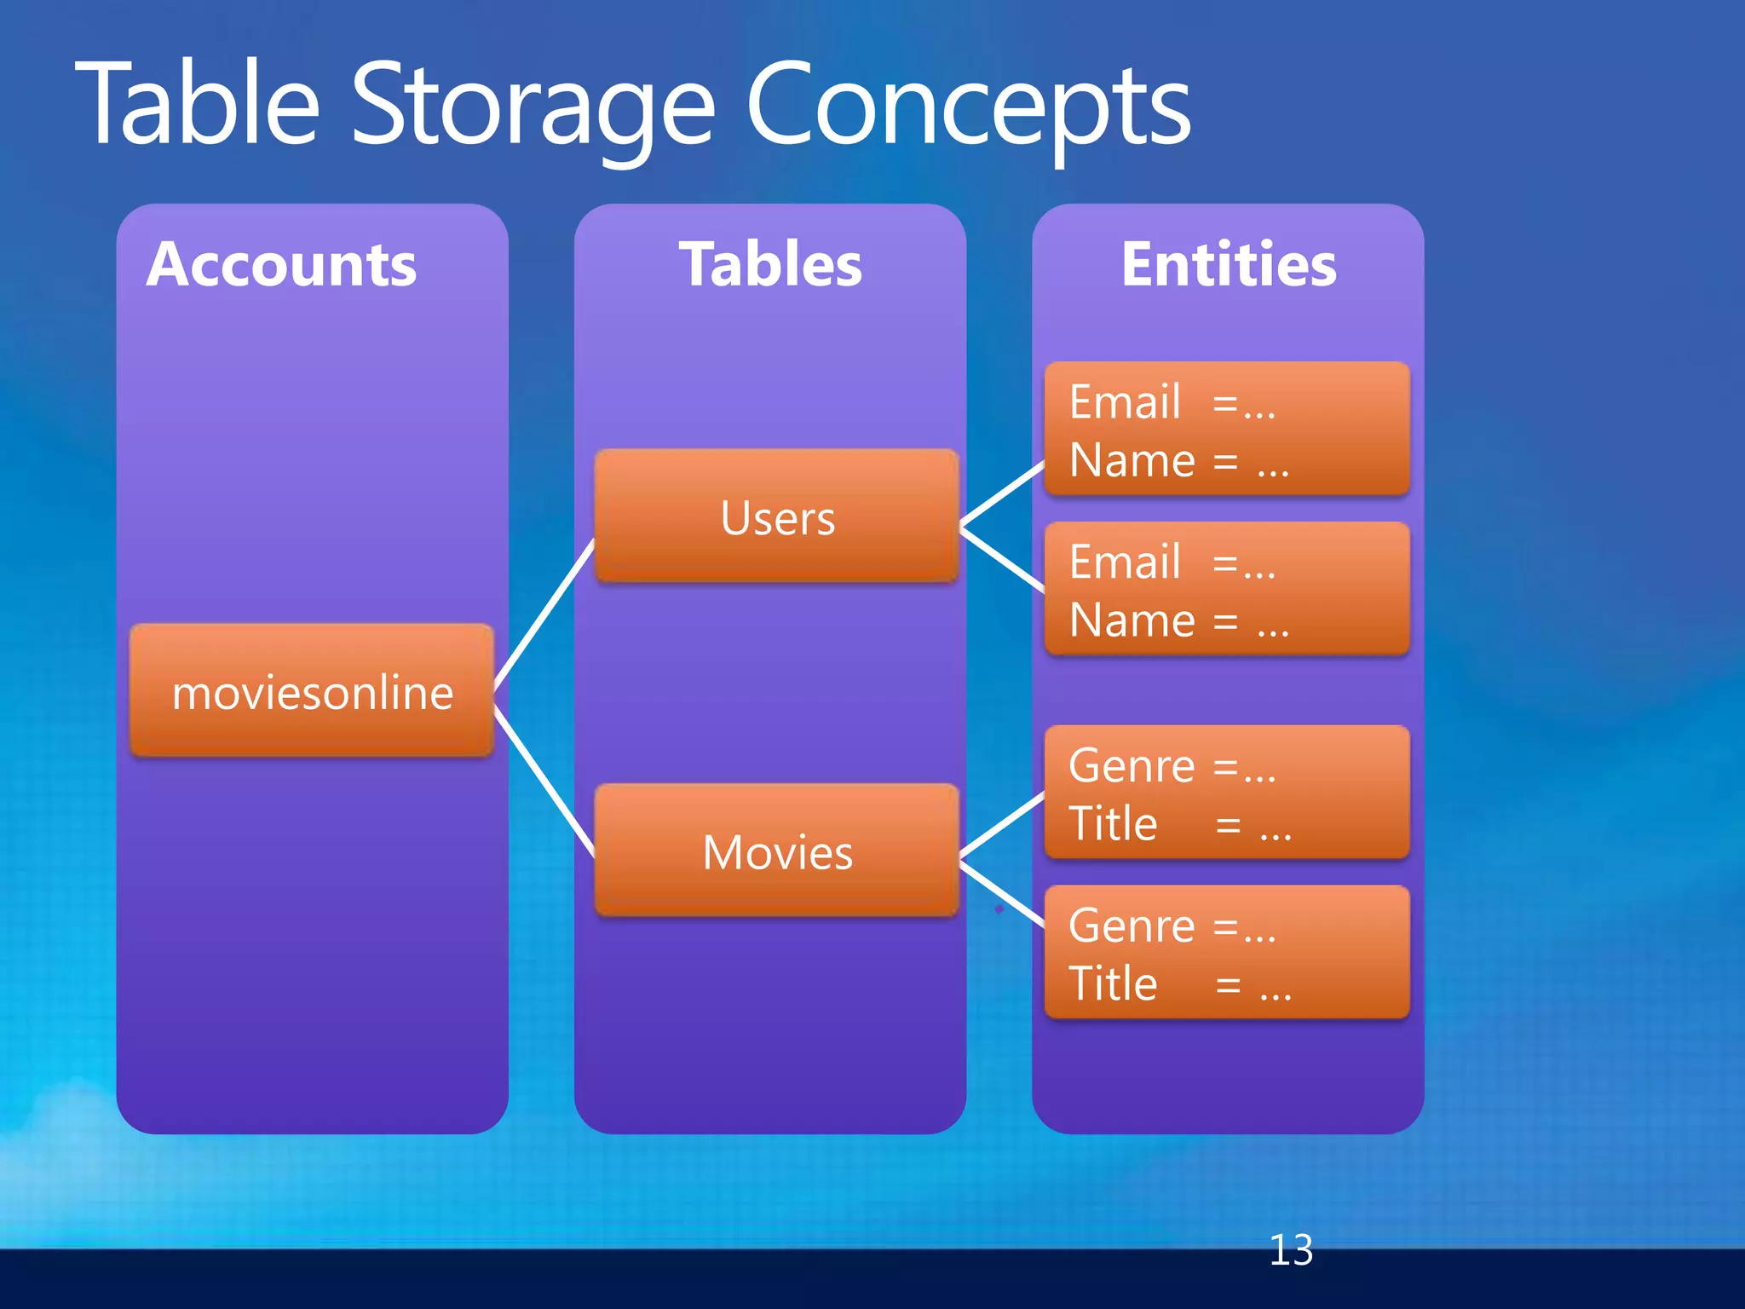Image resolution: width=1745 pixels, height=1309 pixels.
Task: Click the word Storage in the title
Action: click(x=533, y=107)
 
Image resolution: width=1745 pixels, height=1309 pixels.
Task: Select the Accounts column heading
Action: click(x=281, y=264)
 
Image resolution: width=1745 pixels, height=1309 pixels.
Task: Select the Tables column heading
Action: click(x=770, y=264)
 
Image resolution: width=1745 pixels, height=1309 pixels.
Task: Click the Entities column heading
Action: click(x=1229, y=264)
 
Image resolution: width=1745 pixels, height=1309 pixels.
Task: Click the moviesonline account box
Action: click(x=312, y=691)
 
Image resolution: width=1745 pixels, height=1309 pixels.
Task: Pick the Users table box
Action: click(x=777, y=516)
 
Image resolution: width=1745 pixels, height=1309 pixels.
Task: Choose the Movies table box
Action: click(x=777, y=851)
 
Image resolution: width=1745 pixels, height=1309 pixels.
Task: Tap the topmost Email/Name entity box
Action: click(x=1227, y=429)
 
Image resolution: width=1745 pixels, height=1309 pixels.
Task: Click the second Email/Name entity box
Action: click(x=1227, y=589)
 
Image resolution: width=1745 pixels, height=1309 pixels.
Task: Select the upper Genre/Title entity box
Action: click(x=1227, y=793)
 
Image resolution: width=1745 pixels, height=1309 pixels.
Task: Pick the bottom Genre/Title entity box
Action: click(x=1227, y=952)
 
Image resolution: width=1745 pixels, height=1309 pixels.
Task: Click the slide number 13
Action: click(x=1291, y=1250)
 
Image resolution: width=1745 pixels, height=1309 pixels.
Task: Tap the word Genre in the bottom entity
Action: click(x=1132, y=926)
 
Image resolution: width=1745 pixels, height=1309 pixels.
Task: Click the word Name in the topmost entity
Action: click(x=1132, y=460)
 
